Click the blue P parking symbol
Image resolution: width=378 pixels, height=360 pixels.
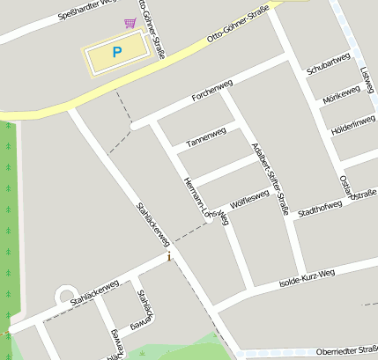point(116,53)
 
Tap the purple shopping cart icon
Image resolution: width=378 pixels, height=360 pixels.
point(130,23)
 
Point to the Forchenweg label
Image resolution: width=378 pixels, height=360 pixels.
point(210,97)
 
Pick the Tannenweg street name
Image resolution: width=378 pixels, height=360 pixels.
point(206,136)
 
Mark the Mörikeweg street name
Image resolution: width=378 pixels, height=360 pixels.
point(341,95)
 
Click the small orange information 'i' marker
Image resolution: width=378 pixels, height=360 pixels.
point(169,257)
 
